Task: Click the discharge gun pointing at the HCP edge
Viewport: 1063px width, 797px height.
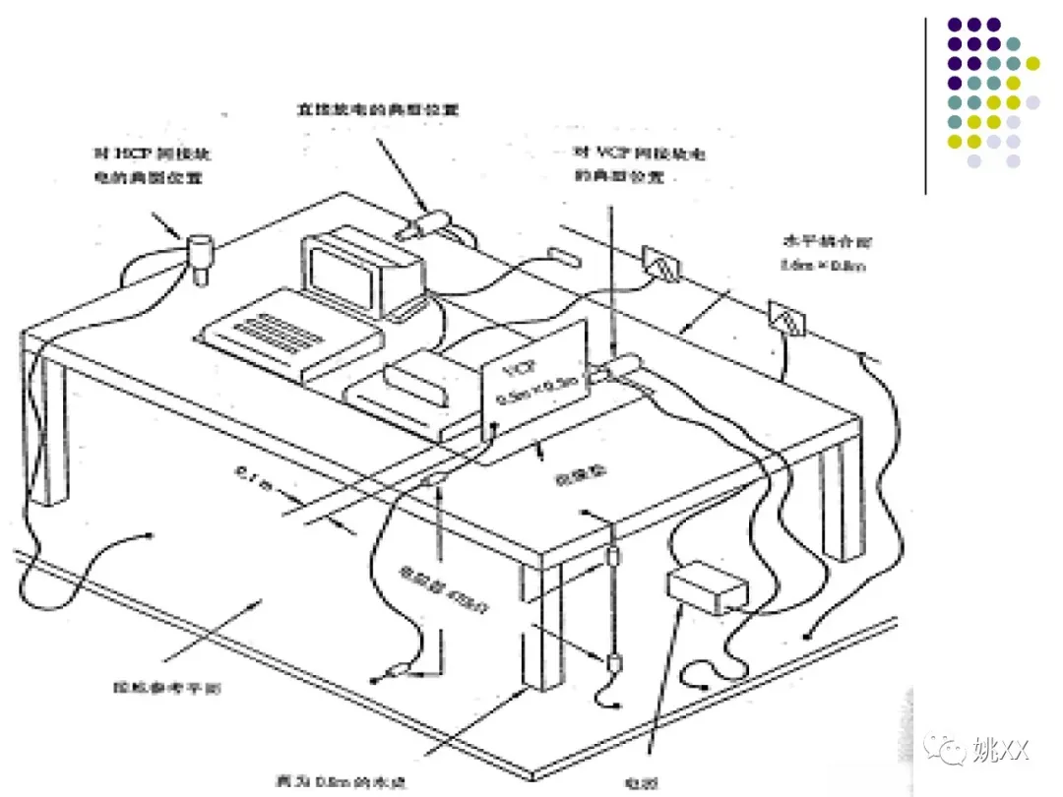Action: coord(200,254)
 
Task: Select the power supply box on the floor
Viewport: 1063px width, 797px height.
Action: coord(707,587)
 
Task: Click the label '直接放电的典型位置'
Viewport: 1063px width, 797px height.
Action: coord(378,109)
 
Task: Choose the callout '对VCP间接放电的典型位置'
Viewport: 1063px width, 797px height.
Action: coord(639,164)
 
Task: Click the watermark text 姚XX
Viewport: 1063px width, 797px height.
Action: coord(999,752)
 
